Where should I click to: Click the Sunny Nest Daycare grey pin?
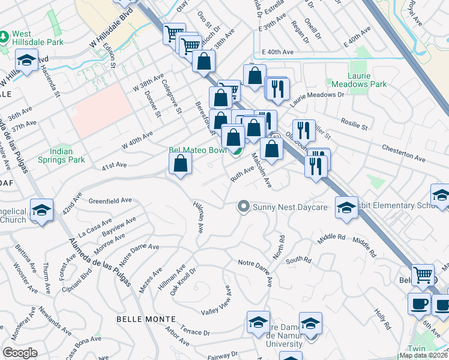[243, 207]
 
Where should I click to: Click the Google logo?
[20, 352]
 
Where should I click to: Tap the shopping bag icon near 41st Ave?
[181, 163]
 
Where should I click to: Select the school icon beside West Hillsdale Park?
[27, 61]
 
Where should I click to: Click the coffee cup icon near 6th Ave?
[418, 303]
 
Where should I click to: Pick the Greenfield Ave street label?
[110, 200]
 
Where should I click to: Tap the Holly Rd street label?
[382, 319]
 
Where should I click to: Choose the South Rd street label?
[298, 260]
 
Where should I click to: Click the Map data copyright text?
[423, 355]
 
